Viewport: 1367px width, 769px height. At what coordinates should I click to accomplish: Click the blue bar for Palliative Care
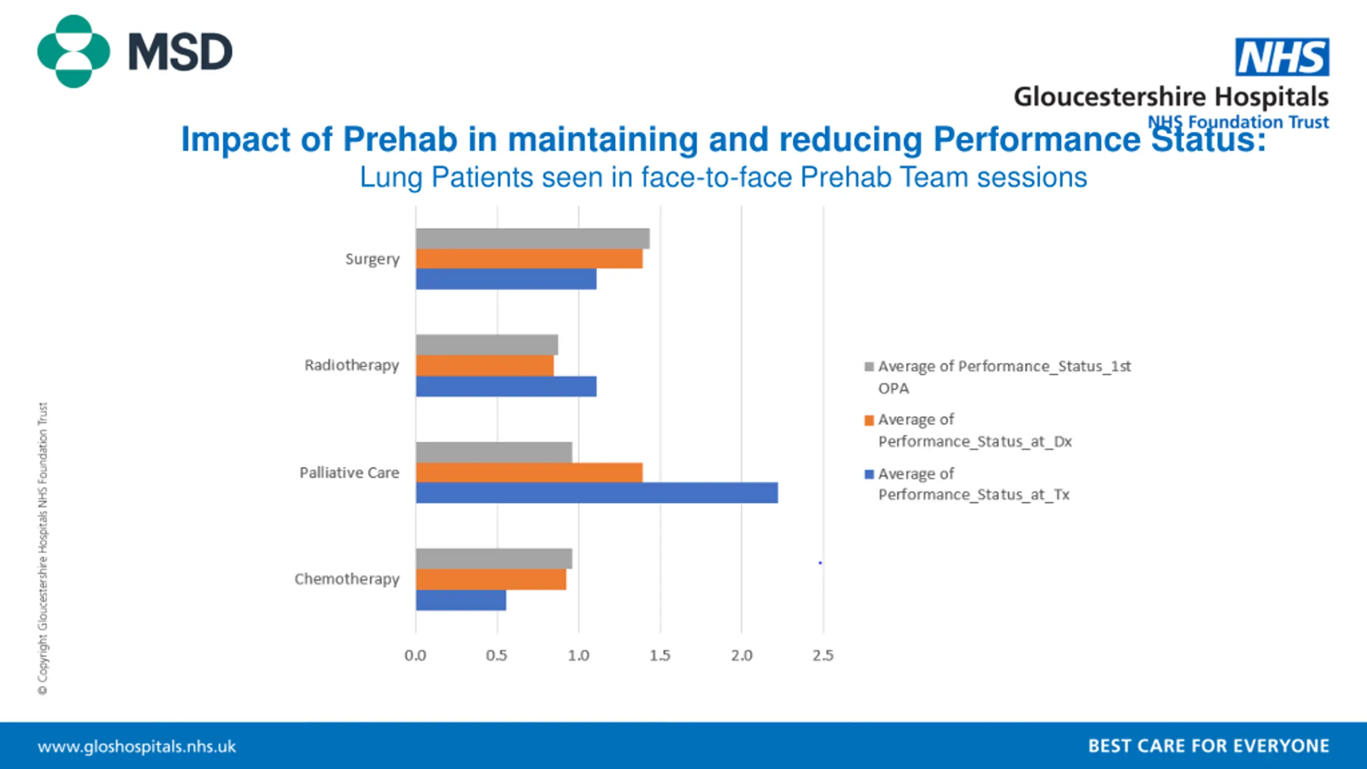(x=596, y=493)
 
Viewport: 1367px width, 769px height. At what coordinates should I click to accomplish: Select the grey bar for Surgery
(x=532, y=239)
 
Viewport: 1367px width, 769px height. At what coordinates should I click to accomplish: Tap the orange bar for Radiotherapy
(x=484, y=366)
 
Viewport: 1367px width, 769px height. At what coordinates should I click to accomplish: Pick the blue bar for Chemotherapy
(x=461, y=600)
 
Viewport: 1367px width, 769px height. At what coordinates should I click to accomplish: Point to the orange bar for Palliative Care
(x=529, y=473)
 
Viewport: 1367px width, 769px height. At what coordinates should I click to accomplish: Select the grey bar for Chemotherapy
(x=494, y=559)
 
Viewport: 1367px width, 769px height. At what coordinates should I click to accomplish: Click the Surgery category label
(x=372, y=259)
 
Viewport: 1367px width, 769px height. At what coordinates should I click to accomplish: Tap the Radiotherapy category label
(x=351, y=365)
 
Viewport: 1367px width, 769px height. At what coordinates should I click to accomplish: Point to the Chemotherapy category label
(x=347, y=579)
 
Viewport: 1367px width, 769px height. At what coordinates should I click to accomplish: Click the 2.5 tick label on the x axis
(x=823, y=656)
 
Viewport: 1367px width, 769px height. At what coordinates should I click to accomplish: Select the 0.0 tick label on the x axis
(x=415, y=656)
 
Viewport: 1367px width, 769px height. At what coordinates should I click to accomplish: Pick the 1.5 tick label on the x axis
(x=660, y=656)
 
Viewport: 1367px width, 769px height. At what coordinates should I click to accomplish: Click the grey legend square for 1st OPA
(x=869, y=367)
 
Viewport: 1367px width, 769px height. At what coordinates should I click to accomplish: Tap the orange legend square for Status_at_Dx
(x=869, y=420)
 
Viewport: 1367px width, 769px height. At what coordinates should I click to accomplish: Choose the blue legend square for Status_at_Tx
(x=869, y=474)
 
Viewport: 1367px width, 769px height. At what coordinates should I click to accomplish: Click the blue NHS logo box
(x=1282, y=57)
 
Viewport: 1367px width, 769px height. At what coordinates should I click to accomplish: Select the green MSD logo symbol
(x=74, y=51)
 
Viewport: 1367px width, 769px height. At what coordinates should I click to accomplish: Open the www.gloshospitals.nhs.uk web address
(x=137, y=746)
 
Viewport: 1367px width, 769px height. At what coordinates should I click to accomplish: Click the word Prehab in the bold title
(x=400, y=139)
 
